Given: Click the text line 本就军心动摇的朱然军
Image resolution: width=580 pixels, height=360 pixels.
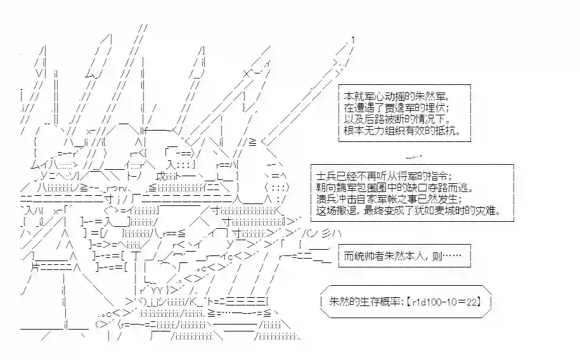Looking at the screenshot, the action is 396,96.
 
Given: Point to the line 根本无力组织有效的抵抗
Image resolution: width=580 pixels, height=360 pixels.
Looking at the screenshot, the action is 402,131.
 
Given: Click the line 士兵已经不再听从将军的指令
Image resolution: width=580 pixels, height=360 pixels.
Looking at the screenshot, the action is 383,176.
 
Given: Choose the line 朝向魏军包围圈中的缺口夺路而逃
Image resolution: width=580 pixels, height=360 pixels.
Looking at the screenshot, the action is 394,188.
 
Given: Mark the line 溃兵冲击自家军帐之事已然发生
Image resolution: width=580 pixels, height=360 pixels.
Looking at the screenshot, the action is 389,199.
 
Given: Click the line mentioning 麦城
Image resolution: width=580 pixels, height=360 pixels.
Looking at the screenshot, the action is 408,210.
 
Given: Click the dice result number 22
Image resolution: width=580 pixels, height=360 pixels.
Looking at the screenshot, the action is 471,302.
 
